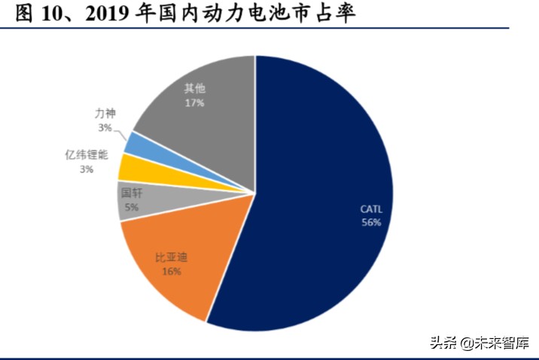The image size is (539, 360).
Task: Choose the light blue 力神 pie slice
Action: pos(136,142)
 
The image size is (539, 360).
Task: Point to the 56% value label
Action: pos(372,223)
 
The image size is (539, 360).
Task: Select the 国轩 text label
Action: pos(131,194)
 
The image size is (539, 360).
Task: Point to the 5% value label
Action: pos(132,206)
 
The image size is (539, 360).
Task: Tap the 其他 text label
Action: pos(194,88)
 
